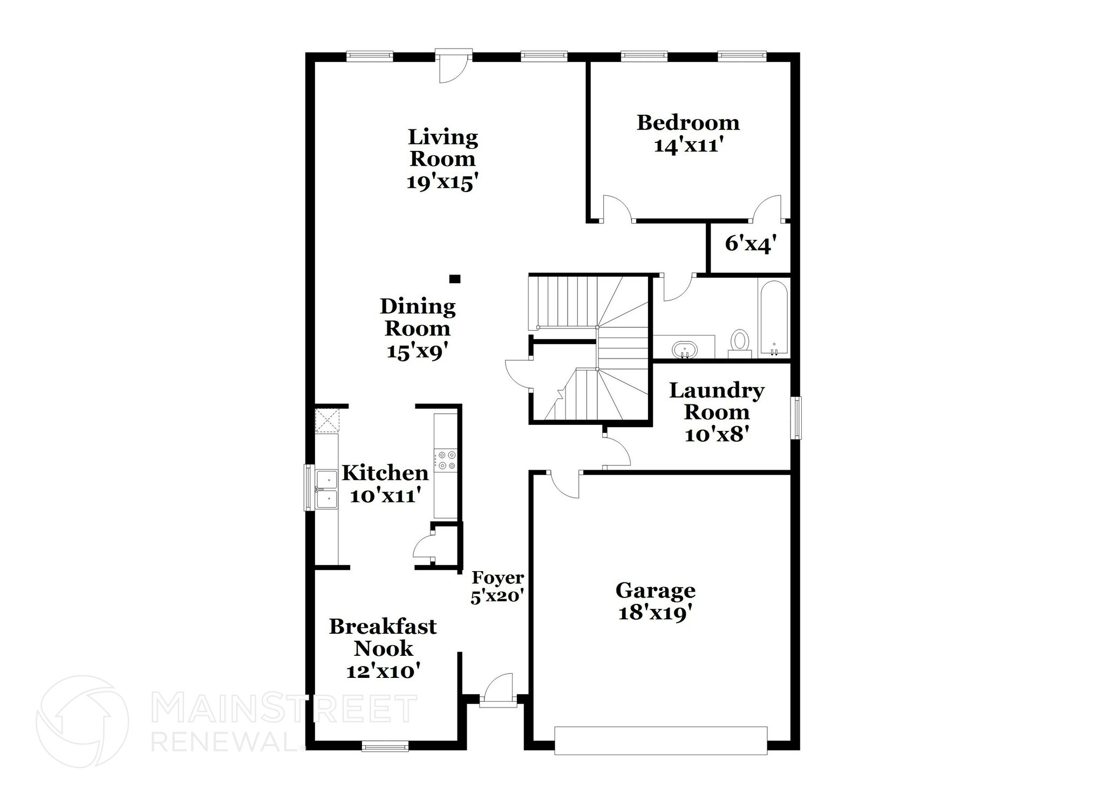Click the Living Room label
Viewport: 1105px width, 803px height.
point(442,148)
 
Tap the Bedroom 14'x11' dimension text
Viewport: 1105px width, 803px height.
point(688,146)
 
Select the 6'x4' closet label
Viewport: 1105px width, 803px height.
point(751,244)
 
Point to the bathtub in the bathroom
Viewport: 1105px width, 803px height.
point(774,317)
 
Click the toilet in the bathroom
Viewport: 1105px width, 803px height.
point(740,342)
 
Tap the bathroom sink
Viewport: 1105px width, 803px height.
point(685,349)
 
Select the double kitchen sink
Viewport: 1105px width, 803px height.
point(326,489)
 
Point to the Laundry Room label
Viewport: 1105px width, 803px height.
point(717,401)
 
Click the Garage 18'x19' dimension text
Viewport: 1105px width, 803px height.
point(655,613)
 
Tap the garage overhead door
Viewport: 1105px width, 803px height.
point(661,740)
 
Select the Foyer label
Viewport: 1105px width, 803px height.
point(498,578)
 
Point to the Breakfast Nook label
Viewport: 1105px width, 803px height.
point(383,637)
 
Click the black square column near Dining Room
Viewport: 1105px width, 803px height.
point(455,279)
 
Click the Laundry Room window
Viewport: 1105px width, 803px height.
point(796,417)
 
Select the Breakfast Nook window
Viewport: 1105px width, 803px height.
point(385,747)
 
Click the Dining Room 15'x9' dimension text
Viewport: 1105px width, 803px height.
point(418,352)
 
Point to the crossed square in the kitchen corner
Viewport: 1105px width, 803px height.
point(327,420)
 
